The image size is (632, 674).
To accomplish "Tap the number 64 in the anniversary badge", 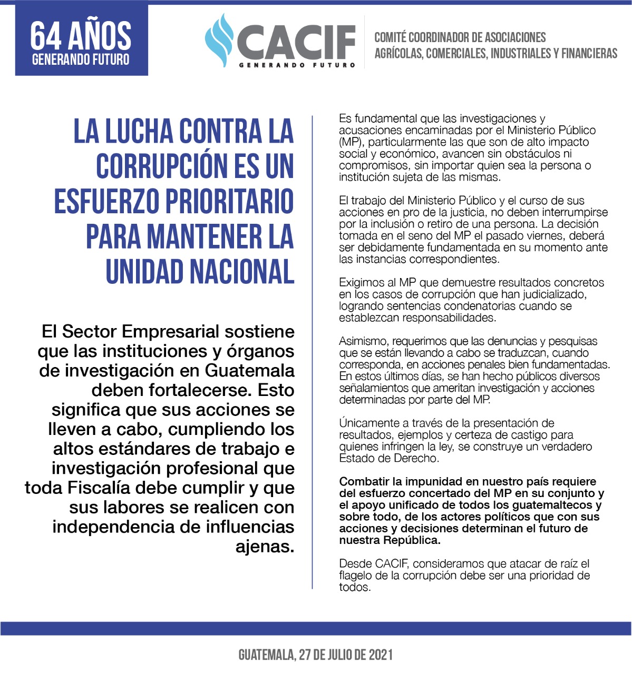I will (x=46, y=36).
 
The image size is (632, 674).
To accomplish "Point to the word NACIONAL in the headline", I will (x=241, y=272).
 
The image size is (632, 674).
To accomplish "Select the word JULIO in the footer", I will (x=344, y=655).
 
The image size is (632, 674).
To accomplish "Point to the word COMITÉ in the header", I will (x=390, y=37).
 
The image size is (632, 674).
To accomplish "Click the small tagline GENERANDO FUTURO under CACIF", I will (x=297, y=65).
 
